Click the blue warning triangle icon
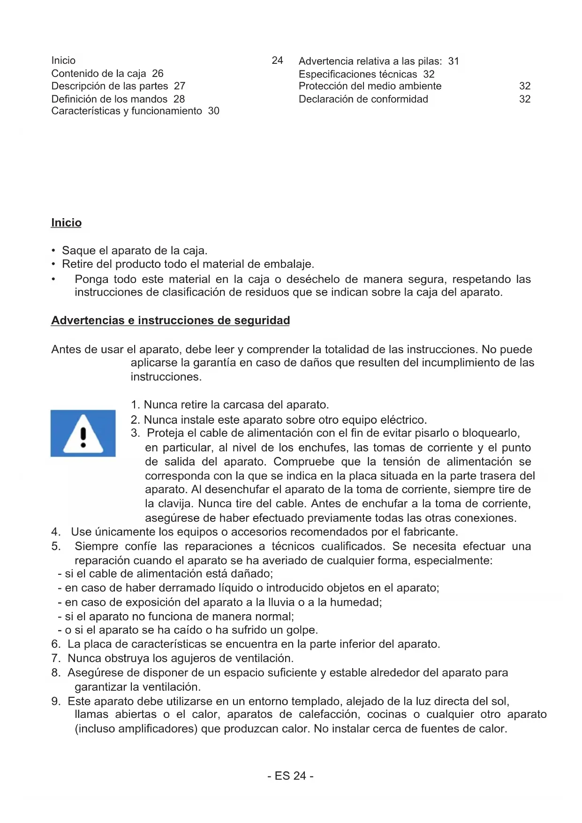point(83,433)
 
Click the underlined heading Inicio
point(66,223)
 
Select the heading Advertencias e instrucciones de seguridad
point(170,320)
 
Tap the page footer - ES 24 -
point(290,776)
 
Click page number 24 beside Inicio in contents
point(277,61)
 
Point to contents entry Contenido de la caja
point(98,74)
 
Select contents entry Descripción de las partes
point(109,86)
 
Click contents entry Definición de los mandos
point(109,99)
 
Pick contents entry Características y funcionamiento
point(127,111)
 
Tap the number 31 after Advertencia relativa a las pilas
point(454,61)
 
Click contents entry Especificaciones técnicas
point(358,74)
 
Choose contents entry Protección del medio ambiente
point(370,86)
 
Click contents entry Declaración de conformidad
point(363,99)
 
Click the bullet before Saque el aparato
point(54,251)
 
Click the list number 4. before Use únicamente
point(56,532)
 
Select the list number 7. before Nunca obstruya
point(56,658)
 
